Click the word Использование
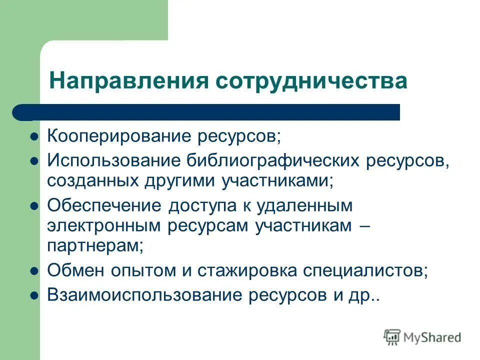tap(114, 160)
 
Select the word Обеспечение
tap(105, 205)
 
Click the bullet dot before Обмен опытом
tap(34, 271)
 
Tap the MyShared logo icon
tap(392, 337)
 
